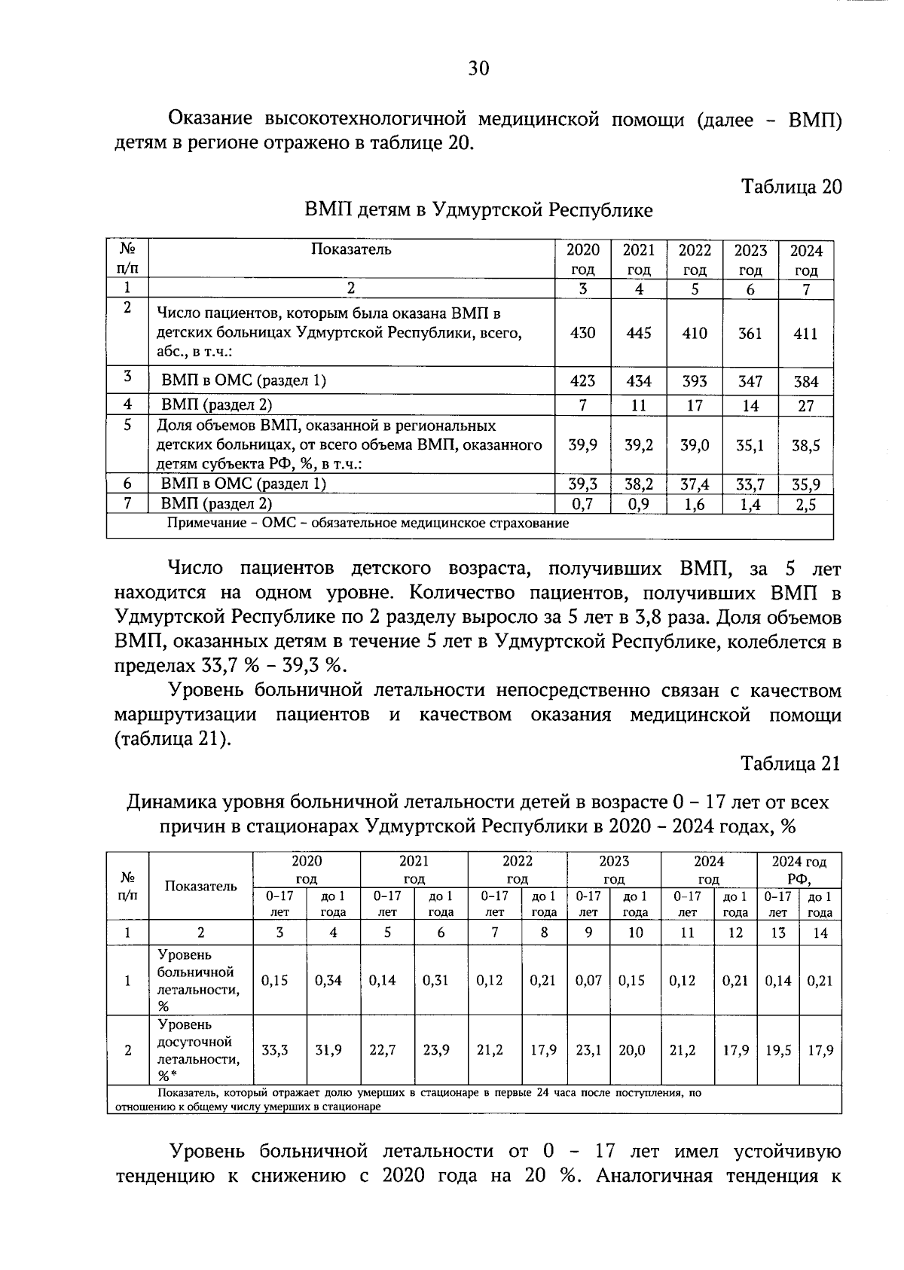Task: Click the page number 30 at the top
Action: [x=478, y=69]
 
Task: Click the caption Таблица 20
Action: [x=791, y=186]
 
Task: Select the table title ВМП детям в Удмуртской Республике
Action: [x=478, y=210]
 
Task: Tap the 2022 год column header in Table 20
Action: [x=694, y=259]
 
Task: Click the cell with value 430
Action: [x=582, y=333]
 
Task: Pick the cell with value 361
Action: [x=750, y=333]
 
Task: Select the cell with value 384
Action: [x=805, y=382]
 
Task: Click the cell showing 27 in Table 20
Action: [x=805, y=406]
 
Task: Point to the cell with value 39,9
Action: [x=582, y=445]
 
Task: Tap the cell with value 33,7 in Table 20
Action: [x=750, y=484]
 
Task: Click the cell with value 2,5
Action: [x=805, y=505]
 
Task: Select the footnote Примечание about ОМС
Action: [x=368, y=524]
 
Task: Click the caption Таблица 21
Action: [x=789, y=764]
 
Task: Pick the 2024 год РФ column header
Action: [x=799, y=870]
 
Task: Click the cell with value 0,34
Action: [x=328, y=981]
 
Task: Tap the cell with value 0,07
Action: [x=588, y=981]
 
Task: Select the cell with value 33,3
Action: [x=274, y=1050]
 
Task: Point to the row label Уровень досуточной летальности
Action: [x=199, y=1050]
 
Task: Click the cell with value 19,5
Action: [x=777, y=1050]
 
